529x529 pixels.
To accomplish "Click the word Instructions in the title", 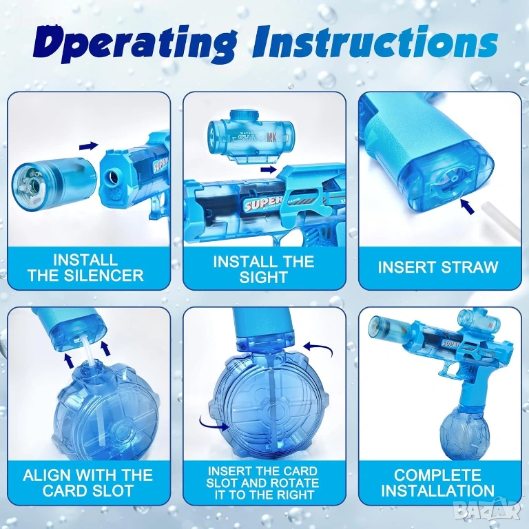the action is click(380, 43).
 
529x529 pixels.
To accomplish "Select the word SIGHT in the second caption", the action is click(264, 278).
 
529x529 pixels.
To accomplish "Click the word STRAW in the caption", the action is click(470, 267).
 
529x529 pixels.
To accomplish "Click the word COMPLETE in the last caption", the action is click(437, 475).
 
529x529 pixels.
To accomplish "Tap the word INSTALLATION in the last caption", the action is click(438, 490).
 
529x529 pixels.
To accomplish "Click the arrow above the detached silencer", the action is click(89, 146).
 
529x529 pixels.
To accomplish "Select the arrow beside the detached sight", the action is click(271, 169).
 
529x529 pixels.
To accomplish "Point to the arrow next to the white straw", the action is click(467, 207).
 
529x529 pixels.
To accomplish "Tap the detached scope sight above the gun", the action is click(248, 135).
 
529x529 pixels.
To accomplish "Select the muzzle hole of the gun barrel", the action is click(112, 176).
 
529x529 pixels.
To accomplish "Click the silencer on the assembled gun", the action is click(391, 329).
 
